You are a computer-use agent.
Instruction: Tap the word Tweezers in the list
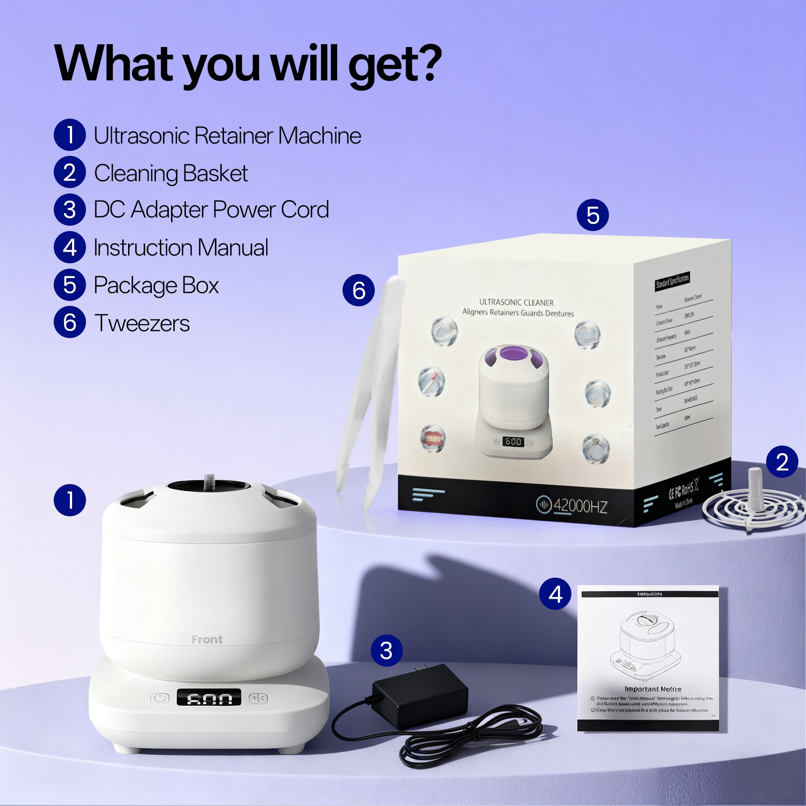[142, 323]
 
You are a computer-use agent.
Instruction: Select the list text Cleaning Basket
[171, 173]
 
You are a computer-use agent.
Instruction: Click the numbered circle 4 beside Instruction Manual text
[69, 247]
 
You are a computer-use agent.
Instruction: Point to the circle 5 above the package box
[592, 215]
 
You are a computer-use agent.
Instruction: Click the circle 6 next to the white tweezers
[358, 290]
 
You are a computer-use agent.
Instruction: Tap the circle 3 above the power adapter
[386, 650]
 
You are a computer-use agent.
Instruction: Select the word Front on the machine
[207, 639]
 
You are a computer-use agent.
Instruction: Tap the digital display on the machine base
[209, 698]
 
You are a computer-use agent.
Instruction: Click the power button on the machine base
[160, 698]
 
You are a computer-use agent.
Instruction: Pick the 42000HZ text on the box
[580, 506]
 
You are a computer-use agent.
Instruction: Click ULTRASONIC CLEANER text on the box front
[516, 302]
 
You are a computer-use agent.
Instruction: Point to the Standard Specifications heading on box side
[672, 281]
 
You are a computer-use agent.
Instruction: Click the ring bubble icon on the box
[596, 449]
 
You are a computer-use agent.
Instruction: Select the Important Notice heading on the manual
[652, 689]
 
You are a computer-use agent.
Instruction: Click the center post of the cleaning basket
[755, 488]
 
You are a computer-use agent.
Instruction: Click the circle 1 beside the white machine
[69, 500]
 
